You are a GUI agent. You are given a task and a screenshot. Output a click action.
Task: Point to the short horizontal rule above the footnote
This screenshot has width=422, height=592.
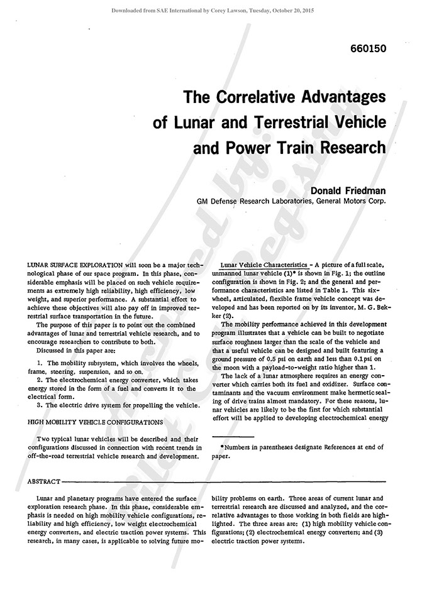233,436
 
